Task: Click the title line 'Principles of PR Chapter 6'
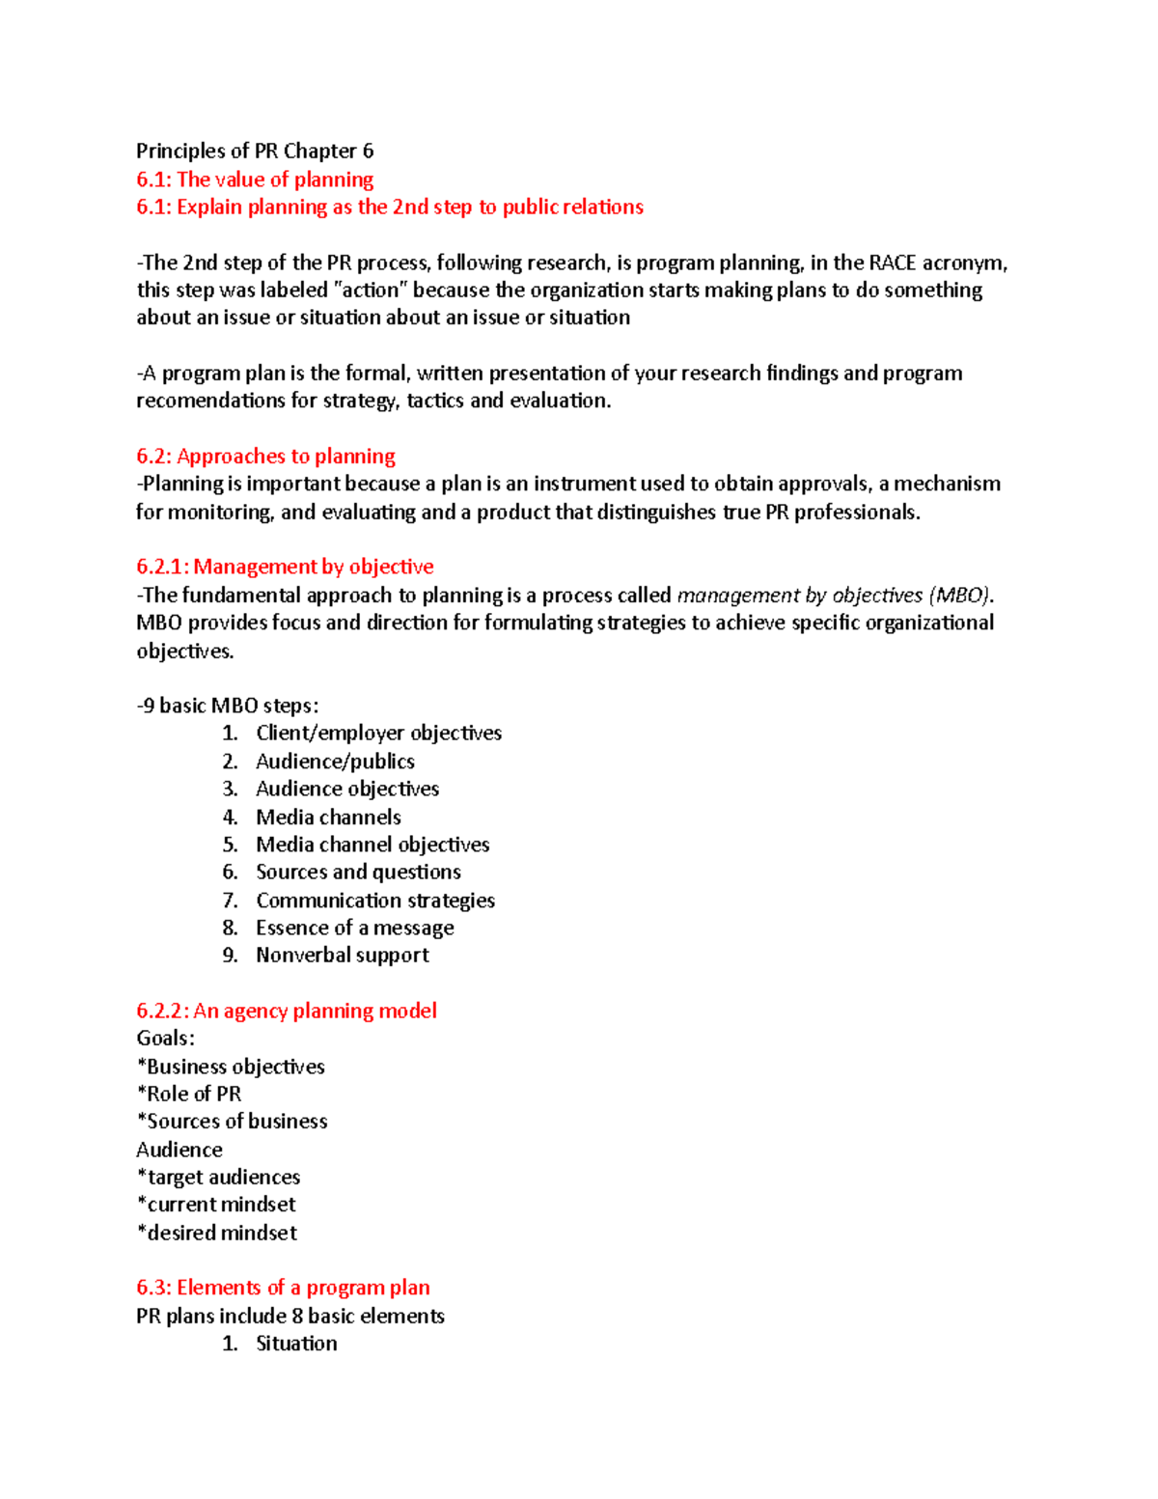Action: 255,151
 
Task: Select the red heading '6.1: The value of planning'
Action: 255,179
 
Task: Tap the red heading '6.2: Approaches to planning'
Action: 265,456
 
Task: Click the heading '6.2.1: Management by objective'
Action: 285,567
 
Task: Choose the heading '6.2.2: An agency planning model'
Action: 287,1011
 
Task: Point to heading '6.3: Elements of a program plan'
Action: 283,1288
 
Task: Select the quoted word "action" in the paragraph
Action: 370,290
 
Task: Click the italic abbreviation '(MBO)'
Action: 959,595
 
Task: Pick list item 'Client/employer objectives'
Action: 378,733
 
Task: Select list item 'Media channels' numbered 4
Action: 328,817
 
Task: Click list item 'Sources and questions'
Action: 358,872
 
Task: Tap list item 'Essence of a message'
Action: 354,928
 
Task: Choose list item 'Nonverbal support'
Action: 343,955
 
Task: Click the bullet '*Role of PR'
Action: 189,1094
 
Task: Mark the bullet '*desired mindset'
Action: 217,1233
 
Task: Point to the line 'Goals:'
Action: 165,1039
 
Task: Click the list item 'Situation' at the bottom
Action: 296,1344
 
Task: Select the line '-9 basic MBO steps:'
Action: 228,706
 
